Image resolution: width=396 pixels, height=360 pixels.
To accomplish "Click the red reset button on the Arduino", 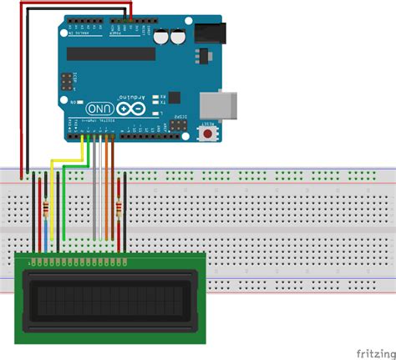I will click(205, 132).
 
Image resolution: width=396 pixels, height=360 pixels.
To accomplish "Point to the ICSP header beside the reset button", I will click(179, 124).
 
